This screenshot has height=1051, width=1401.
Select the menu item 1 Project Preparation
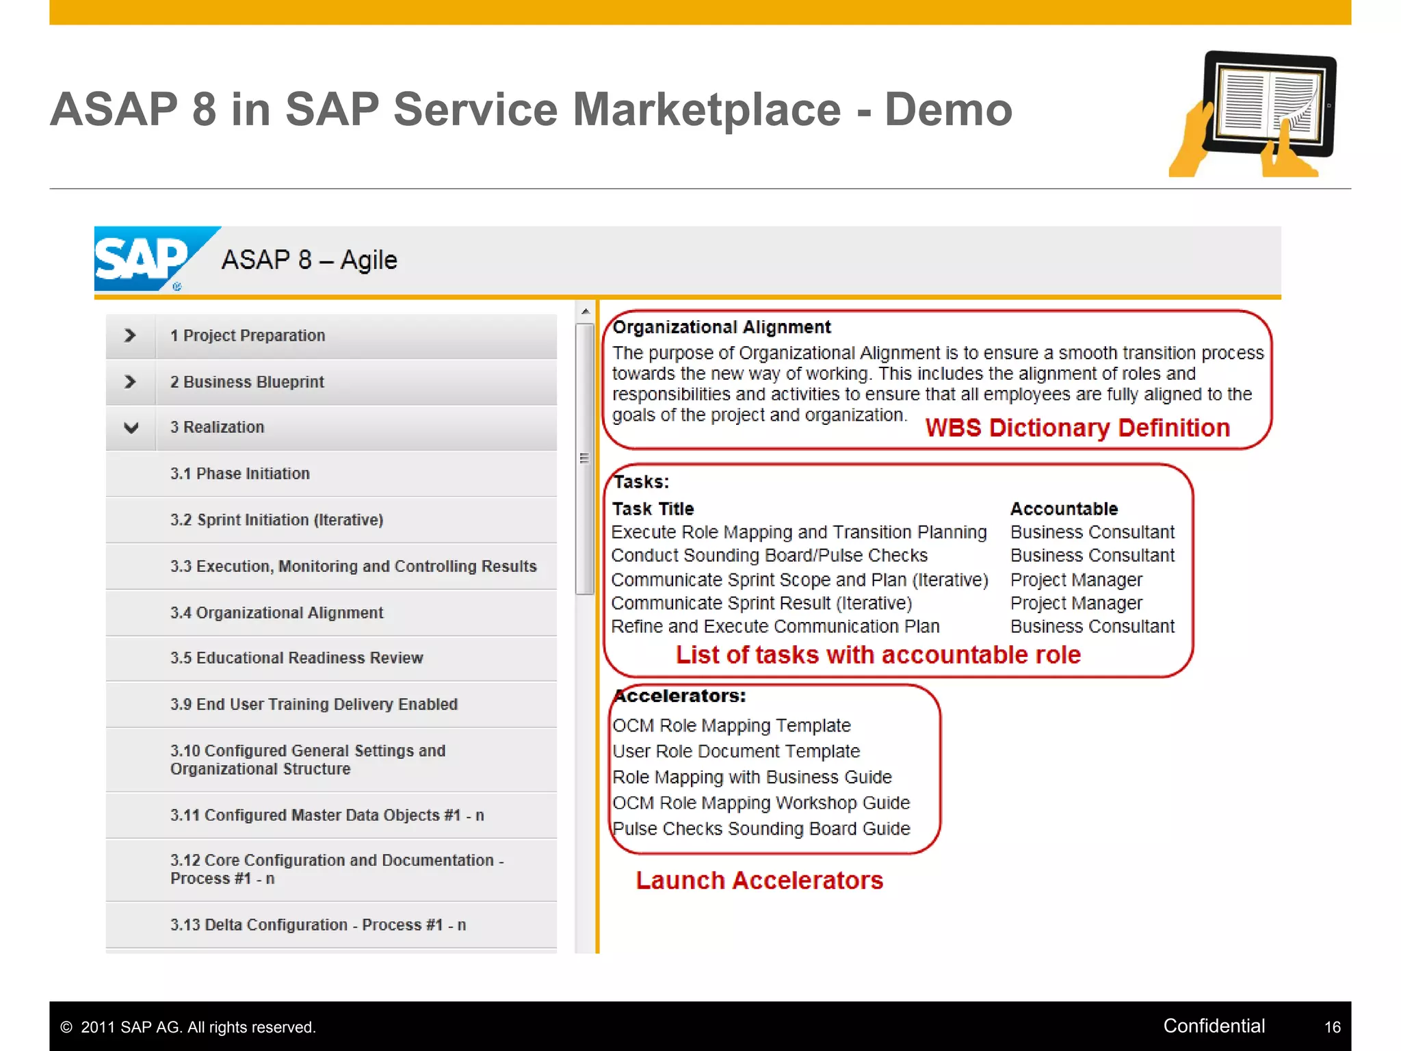click(x=248, y=336)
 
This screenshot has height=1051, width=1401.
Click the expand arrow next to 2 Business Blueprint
click(x=130, y=382)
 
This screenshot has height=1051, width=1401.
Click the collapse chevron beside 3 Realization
click(x=131, y=428)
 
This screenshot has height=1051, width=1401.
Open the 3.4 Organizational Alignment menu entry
click(x=276, y=612)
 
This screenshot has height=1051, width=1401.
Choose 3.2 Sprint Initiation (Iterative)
click(x=276, y=520)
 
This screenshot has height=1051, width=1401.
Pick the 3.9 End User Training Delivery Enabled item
click(x=313, y=704)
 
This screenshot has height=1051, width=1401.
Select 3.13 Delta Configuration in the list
click(x=318, y=925)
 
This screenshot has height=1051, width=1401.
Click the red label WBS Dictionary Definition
click(x=1077, y=428)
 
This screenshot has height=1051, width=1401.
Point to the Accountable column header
click(x=1064, y=509)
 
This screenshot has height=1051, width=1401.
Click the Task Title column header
click(x=653, y=509)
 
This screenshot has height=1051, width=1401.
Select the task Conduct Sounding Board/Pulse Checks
click(x=769, y=556)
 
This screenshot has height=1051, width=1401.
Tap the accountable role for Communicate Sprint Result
click(x=1076, y=604)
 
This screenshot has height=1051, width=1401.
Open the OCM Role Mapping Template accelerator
click(x=731, y=725)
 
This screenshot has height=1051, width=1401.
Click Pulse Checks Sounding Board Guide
click(x=761, y=829)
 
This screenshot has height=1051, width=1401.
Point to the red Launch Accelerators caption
click(x=759, y=881)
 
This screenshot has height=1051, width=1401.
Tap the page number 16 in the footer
click(x=1332, y=1027)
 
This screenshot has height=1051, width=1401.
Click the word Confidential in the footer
click(x=1214, y=1026)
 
